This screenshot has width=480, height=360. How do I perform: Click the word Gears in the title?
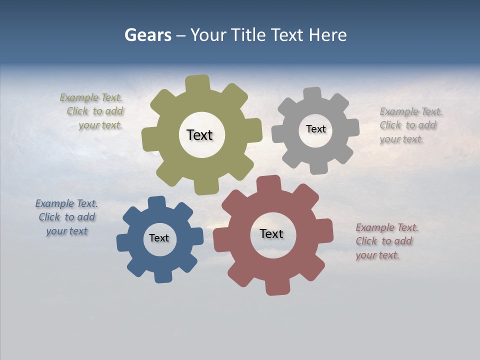[147, 35]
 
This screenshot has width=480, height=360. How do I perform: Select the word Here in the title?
[327, 35]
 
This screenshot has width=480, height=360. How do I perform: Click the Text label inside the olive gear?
[200, 135]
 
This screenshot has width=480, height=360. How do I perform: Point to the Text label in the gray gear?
[315, 129]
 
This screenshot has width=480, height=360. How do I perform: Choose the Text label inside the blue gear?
[159, 238]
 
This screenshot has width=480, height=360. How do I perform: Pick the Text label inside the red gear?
[271, 233]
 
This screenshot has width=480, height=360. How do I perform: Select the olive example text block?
[92, 111]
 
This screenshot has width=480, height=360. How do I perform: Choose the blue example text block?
[66, 217]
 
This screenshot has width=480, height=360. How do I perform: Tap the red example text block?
[386, 241]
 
